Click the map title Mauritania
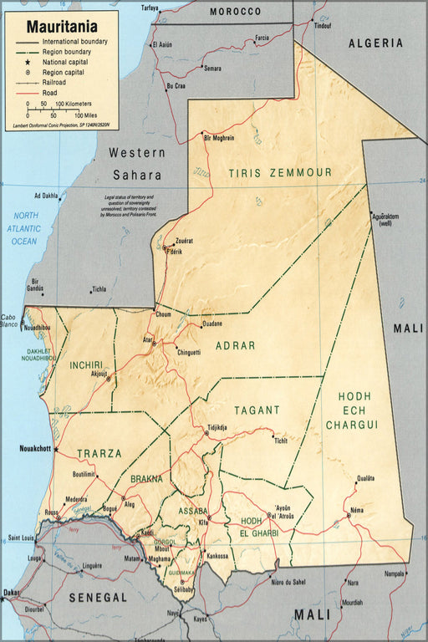[61, 27]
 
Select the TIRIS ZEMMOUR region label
[280, 173]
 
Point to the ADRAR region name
[235, 344]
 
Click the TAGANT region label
[257, 410]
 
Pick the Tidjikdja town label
[217, 426]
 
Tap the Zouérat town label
[184, 241]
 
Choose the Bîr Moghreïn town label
[219, 137]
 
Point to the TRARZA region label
[99, 454]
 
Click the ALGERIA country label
[375, 43]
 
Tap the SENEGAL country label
[98, 598]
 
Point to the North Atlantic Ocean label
[24, 228]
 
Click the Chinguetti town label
[188, 353]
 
